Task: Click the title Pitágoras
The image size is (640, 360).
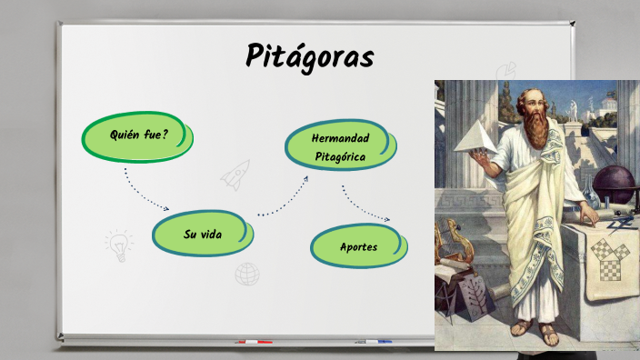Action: coord(309,56)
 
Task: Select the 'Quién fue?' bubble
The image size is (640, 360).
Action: coord(139,135)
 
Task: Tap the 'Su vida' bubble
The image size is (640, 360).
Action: coord(203,234)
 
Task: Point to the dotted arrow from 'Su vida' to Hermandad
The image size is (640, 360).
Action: coord(284,198)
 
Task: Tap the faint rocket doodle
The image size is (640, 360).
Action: coord(235,174)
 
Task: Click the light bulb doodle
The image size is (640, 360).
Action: coord(118,245)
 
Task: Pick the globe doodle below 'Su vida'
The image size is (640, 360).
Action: coord(246,273)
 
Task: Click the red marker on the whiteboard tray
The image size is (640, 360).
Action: coord(254,342)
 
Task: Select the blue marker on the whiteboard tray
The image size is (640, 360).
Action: coord(373,342)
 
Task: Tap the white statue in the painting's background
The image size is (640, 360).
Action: coord(574,110)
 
